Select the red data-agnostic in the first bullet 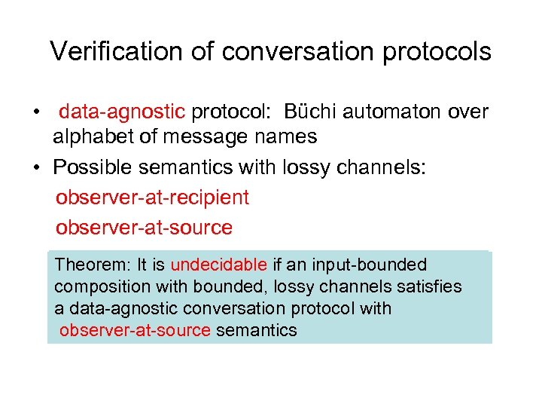(x=121, y=112)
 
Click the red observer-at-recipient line (x=152, y=197)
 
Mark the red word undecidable (x=218, y=265)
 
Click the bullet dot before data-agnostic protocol (x=36, y=113)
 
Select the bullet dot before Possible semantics (x=36, y=167)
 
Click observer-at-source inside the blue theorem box (x=135, y=330)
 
